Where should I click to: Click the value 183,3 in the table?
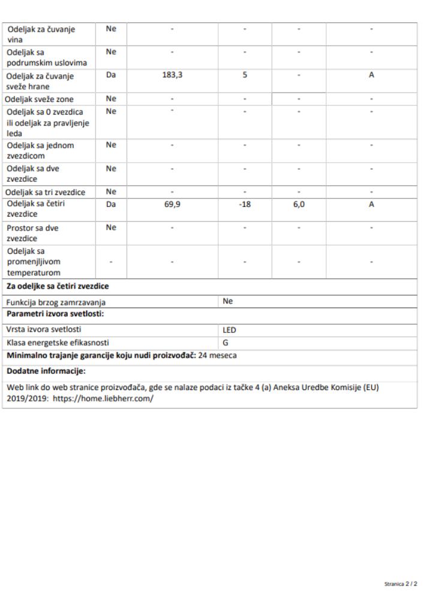[172, 76]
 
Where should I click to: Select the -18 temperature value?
[245, 204]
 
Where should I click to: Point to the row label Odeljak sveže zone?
[40, 98]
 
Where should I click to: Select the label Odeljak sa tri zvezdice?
[46, 192]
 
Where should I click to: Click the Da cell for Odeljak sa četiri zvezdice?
[110, 204]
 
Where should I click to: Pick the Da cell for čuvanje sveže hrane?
[110, 76]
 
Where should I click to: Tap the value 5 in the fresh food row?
[245, 76]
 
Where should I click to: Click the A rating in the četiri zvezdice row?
[371, 204]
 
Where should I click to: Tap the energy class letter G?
[225, 343]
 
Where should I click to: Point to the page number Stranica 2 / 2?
[401, 584]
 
